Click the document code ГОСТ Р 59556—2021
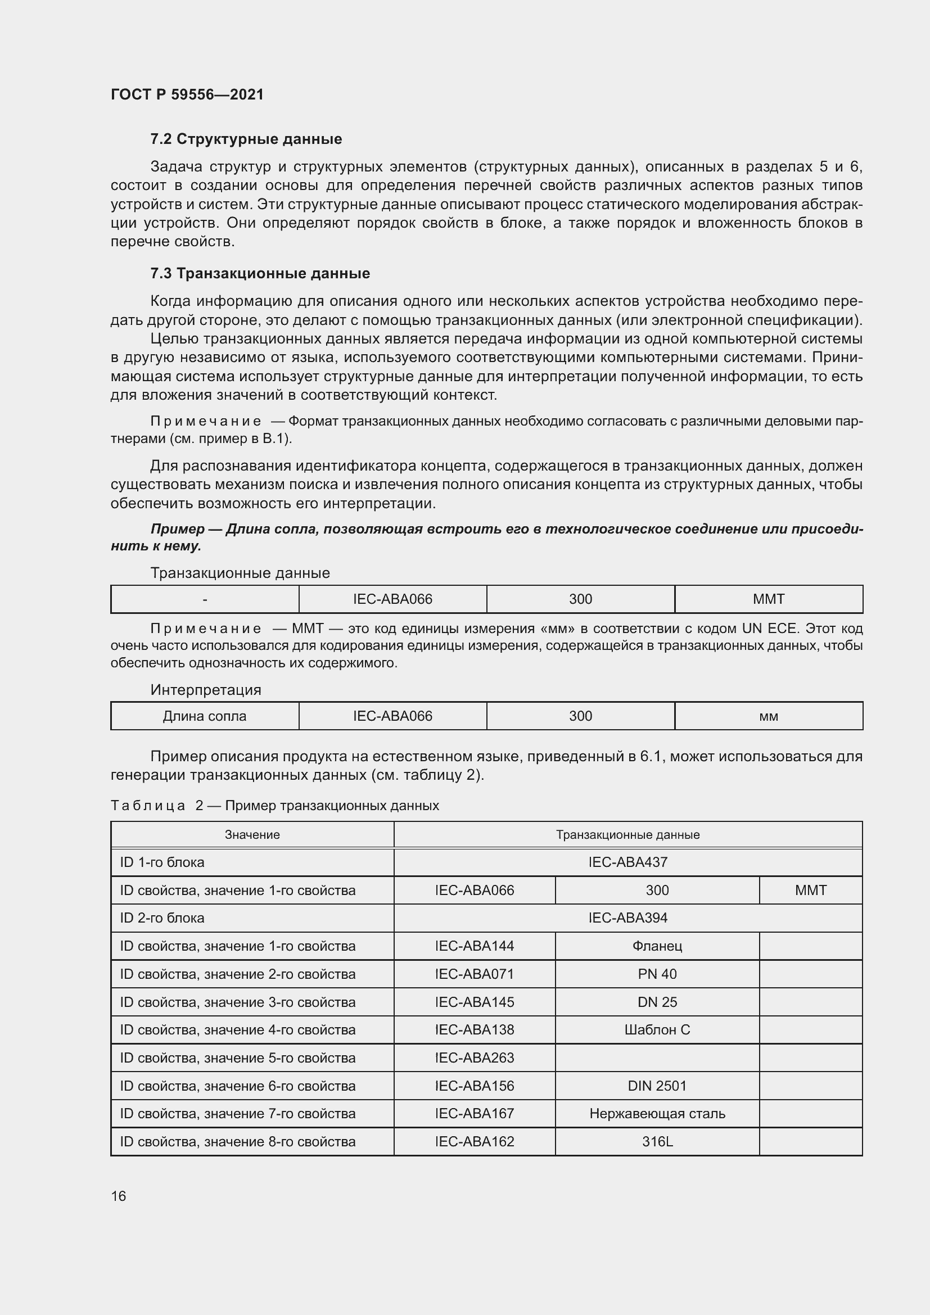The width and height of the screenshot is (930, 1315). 187,94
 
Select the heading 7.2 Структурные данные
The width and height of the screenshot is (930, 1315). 246,139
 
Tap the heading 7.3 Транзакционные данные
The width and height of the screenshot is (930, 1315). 260,274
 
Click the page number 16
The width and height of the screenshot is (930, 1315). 119,1196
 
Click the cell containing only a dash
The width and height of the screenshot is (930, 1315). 205,600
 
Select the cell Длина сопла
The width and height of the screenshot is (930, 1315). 205,716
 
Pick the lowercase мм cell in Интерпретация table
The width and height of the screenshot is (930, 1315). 768,716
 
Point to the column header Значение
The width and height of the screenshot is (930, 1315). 252,835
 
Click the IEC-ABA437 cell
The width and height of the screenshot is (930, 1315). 627,862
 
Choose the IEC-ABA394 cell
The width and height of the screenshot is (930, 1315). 627,918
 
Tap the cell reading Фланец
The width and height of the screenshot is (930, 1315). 657,946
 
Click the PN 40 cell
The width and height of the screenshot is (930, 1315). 657,974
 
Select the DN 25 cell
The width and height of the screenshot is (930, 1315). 657,1002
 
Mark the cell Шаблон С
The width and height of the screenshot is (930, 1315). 657,1030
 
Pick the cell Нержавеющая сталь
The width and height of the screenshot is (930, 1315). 657,1113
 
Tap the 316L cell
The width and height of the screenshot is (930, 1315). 657,1141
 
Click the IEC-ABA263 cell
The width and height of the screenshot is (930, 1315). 474,1058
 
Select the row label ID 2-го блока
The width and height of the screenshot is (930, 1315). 162,918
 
